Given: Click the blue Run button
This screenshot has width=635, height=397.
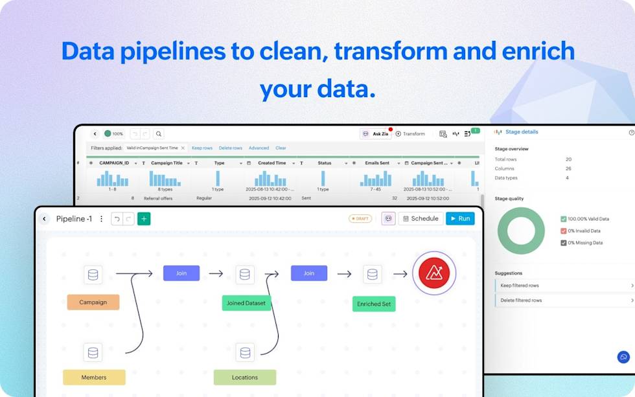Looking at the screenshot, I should pos(460,219).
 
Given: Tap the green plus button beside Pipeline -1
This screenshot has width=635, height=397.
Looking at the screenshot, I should pos(144,219).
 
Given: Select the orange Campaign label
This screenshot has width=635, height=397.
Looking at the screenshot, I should pos(93,302).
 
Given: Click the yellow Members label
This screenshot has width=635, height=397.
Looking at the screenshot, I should pos(94,378).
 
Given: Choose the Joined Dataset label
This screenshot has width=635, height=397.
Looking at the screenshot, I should pos(246,303).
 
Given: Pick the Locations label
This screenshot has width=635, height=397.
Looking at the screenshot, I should pos(245,378).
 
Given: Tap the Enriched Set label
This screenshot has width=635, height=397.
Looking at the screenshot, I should pos(374,304).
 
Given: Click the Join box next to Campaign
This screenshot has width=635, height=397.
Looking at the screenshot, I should pos(181,273).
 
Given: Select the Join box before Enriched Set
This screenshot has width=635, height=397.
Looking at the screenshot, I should pos(309,273).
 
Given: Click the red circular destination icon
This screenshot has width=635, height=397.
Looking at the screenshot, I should pos(434,273).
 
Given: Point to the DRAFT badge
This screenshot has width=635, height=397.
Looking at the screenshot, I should pos(360,219).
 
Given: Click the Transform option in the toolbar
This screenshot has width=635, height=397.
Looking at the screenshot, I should pos(410,134).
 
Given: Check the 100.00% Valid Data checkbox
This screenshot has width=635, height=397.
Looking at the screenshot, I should pos(564,219).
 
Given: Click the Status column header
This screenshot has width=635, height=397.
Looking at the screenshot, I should pos(324,163).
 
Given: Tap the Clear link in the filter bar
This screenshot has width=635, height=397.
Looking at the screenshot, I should pos(281,148).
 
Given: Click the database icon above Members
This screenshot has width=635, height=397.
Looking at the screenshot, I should pos(93,353).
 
